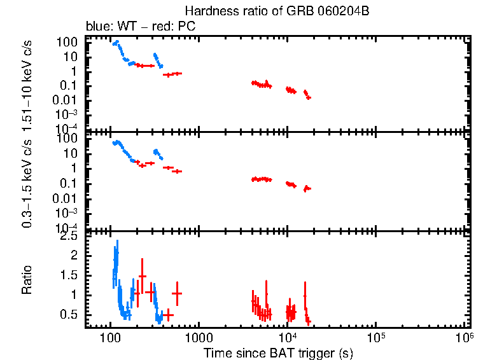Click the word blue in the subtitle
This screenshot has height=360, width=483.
coord(96,27)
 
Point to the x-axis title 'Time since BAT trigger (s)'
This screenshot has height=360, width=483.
coord(278,352)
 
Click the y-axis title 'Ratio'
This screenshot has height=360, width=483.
coord(27,280)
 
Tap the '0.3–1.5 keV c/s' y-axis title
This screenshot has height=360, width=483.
coord(27,184)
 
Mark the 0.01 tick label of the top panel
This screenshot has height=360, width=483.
coord(66,100)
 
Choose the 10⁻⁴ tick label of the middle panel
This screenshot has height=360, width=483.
coord(66,228)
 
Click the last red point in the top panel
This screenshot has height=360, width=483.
coord(309,97)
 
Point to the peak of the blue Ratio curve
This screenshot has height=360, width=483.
coord(116,242)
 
